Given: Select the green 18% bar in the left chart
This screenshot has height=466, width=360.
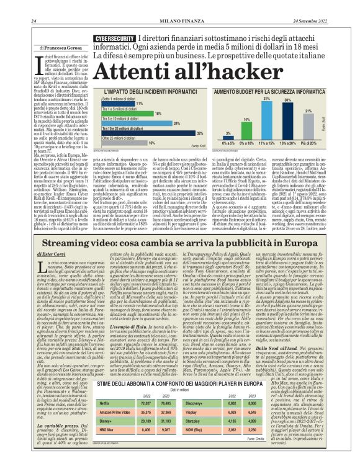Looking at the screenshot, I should (118, 114).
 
